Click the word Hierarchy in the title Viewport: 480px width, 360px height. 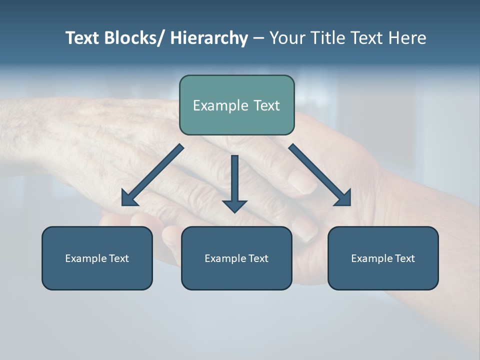[x=209, y=38]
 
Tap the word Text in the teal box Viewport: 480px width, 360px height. [x=265, y=105]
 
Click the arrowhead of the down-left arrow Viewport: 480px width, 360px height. [x=129, y=198]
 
